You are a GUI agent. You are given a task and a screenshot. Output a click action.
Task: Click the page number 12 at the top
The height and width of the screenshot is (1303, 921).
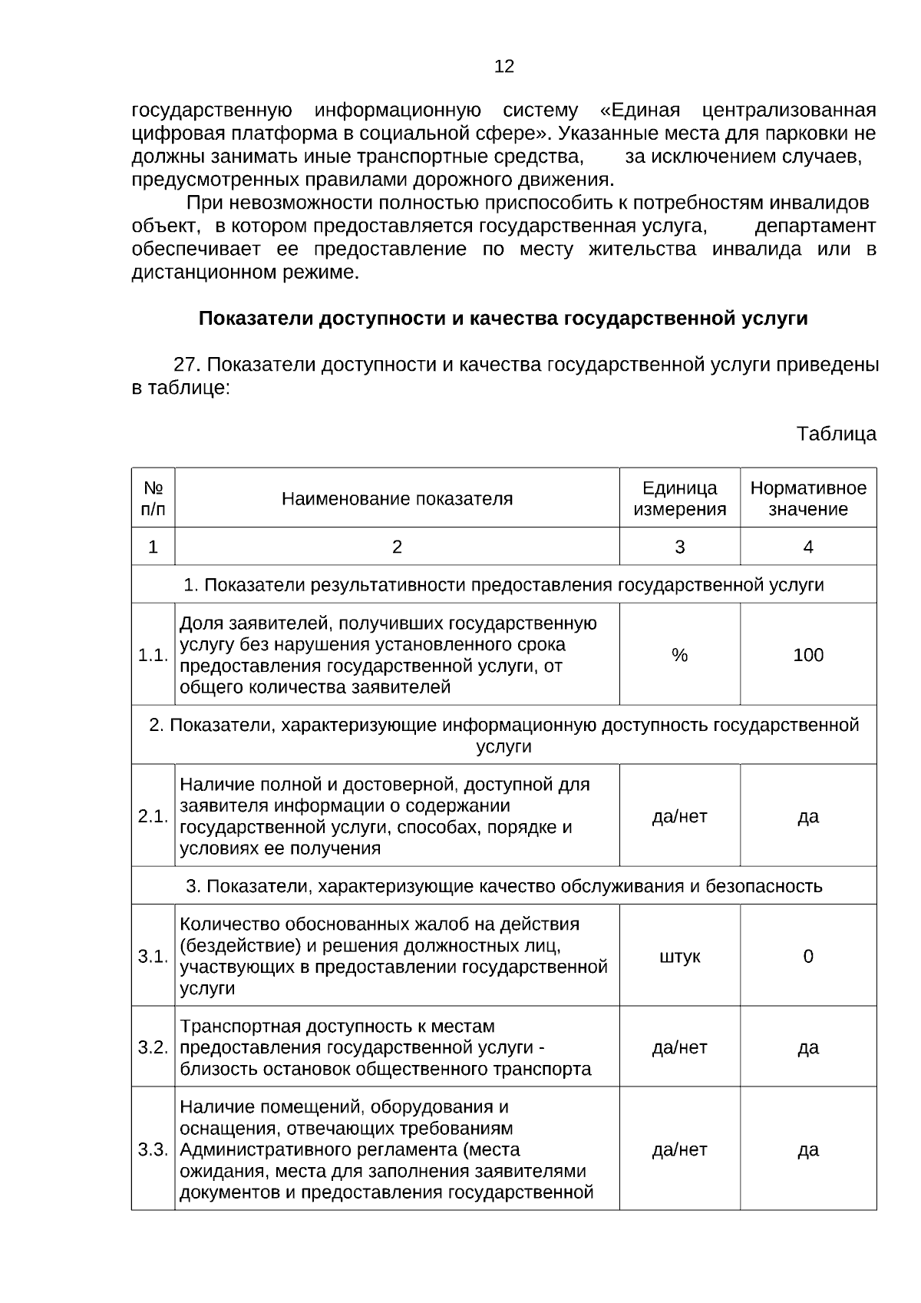click(504, 67)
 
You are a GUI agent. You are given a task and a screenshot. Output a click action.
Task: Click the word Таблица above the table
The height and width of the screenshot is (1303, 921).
click(836, 434)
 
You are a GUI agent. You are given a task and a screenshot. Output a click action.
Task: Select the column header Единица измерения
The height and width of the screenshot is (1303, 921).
click(679, 498)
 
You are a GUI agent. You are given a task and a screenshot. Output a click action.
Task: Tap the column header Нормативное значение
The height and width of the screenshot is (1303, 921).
click(808, 498)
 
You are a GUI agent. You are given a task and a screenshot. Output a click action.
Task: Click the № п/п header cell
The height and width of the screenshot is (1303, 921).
click(153, 498)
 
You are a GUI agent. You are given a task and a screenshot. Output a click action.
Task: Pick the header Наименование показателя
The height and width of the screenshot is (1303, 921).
click(397, 499)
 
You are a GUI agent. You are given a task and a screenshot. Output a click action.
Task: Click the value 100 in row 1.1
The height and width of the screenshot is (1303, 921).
click(808, 655)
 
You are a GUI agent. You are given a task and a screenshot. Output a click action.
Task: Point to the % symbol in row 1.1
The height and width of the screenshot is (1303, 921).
click(679, 655)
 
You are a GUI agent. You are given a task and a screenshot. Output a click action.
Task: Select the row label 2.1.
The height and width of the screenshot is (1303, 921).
click(153, 816)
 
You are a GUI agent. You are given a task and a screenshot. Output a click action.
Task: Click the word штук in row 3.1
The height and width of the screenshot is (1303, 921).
click(679, 957)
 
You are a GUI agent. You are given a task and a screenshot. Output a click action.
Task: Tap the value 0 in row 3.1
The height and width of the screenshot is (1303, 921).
click(808, 957)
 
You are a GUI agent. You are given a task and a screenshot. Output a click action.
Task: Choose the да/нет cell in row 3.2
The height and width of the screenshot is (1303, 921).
click(679, 1047)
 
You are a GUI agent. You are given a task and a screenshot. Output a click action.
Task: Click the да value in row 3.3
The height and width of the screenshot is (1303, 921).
click(808, 1149)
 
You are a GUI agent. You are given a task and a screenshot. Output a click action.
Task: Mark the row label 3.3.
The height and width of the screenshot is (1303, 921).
click(153, 1149)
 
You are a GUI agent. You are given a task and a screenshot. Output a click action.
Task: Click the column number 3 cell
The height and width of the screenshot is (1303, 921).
click(679, 547)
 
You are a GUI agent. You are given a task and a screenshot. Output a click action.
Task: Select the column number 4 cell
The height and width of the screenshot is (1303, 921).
click(808, 547)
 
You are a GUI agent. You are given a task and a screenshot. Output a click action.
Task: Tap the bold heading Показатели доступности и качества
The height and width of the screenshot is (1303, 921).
click(503, 319)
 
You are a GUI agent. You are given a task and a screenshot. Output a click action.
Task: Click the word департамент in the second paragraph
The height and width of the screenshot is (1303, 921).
click(815, 227)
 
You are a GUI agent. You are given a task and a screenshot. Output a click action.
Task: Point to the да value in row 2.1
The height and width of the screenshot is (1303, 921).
click(808, 816)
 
